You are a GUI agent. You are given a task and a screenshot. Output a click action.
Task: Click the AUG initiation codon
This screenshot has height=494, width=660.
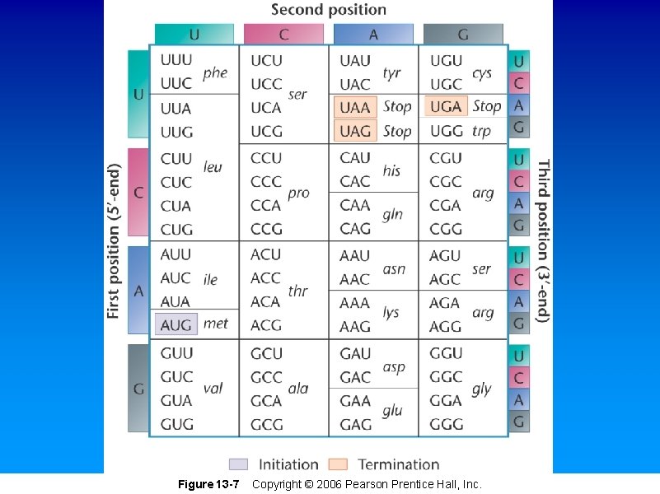click(176, 325)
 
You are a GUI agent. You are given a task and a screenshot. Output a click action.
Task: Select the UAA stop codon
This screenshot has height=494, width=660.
click(355, 107)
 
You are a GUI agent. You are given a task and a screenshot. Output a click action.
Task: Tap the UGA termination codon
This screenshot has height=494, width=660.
click(446, 107)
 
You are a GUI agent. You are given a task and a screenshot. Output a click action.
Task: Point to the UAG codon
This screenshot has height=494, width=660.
click(355, 131)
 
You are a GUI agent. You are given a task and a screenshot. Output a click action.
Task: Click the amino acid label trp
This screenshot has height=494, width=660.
click(482, 131)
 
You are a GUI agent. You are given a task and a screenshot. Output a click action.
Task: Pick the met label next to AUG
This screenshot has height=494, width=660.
click(215, 324)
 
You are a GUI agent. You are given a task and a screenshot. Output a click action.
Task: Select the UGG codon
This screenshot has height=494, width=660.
click(446, 131)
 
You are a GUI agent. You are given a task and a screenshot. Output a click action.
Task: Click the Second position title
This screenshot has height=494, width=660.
click(329, 10)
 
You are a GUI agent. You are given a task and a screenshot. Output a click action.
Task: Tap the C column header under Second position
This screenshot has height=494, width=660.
click(283, 34)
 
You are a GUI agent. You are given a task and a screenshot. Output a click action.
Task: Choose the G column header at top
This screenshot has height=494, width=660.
click(463, 34)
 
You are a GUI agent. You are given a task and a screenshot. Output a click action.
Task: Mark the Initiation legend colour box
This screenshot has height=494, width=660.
click(238, 464)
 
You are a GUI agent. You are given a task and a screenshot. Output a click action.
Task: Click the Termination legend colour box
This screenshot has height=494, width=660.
click(338, 464)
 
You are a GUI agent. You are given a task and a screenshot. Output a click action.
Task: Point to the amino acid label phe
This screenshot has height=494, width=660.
click(215, 72)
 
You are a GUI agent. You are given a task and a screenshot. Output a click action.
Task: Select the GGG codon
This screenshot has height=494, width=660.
click(446, 425)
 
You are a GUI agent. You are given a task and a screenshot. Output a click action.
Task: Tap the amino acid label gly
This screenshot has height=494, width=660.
click(482, 389)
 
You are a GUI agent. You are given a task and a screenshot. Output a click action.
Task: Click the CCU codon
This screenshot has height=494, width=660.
click(266, 158)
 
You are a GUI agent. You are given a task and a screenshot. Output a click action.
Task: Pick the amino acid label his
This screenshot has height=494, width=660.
click(391, 170)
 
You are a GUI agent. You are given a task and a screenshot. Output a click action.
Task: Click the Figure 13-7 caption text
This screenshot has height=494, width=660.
click(208, 484)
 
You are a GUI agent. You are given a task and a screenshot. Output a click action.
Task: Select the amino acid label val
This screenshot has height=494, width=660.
click(213, 389)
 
